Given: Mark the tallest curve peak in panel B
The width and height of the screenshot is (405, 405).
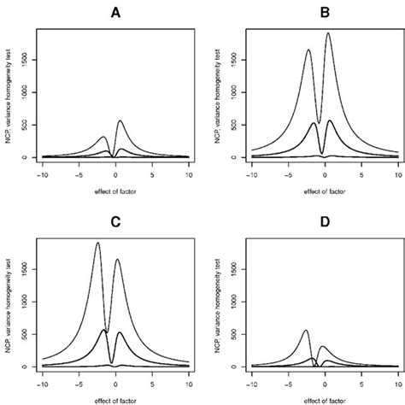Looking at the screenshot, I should coord(329,34).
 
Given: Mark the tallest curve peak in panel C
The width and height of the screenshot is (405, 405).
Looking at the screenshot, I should coord(97,244).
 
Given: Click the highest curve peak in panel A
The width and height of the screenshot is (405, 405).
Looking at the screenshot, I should coord(120,120).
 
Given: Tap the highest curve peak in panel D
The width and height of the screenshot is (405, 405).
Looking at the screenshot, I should coord(306,330).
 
